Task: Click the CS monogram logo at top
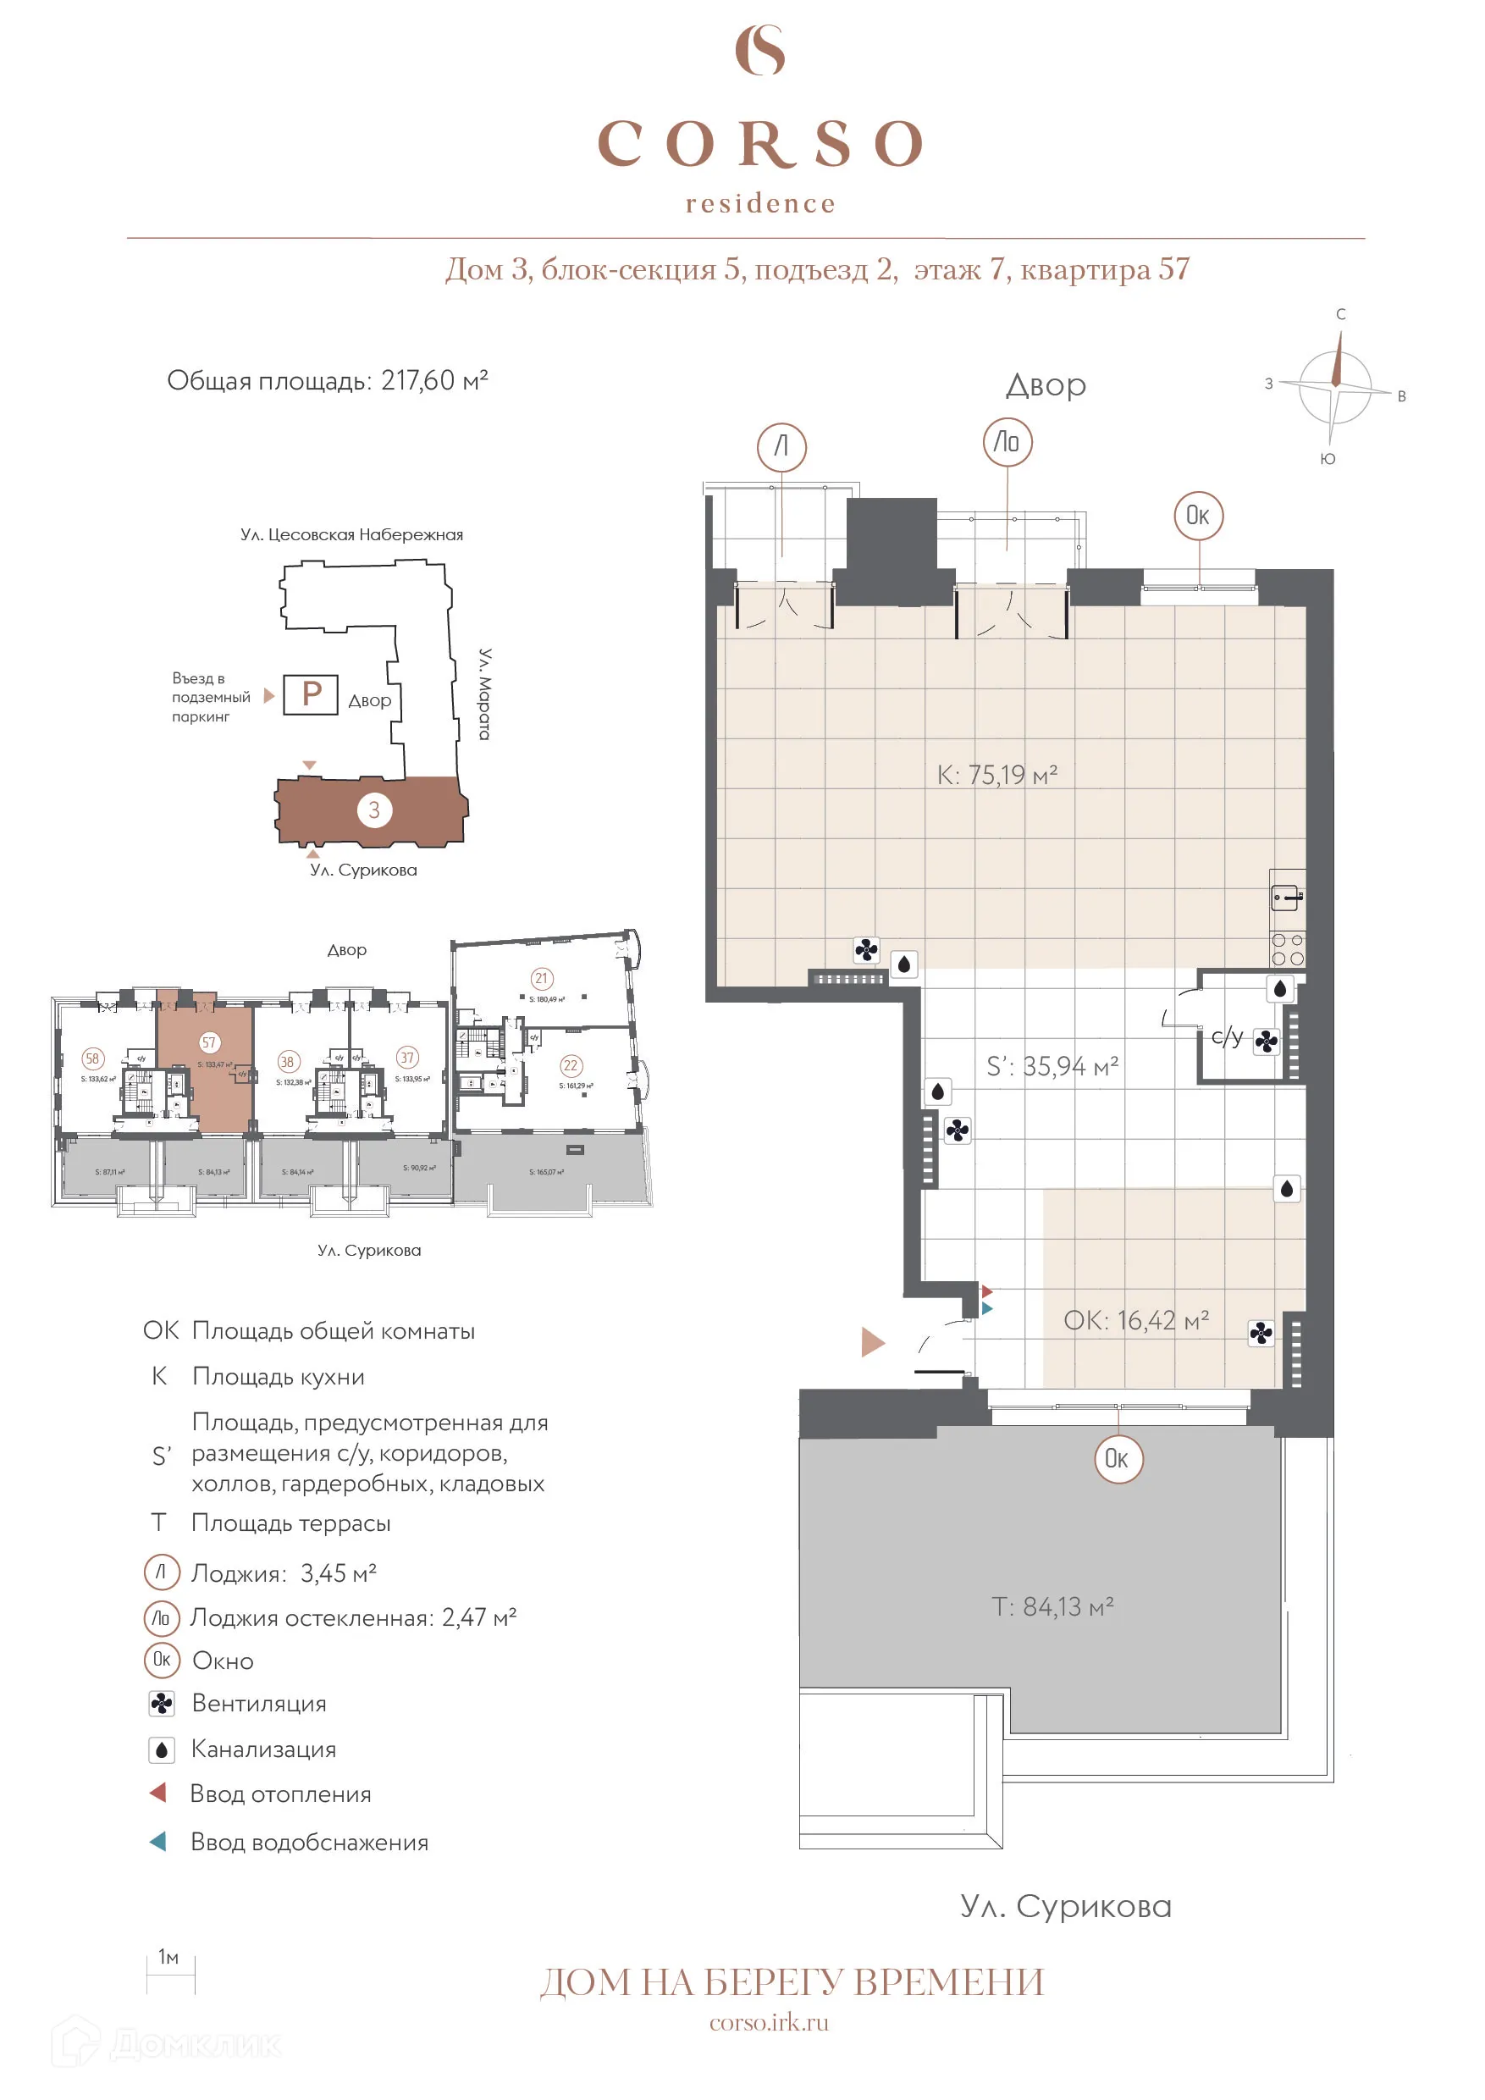coord(760,50)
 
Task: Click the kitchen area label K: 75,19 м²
coord(996,776)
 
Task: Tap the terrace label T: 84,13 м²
coord(1052,1607)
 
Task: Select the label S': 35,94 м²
coord(1052,1066)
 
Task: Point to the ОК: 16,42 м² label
coord(1135,1321)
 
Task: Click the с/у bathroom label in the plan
coord(1226,1036)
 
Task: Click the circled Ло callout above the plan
coord(1007,443)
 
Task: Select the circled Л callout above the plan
coord(781,447)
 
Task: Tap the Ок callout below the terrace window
coord(1118,1459)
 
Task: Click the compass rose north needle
coord(1338,358)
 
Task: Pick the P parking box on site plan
coord(311,694)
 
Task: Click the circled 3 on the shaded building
coord(374,810)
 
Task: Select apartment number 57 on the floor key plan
coord(209,1042)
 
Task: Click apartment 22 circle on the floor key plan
coord(571,1065)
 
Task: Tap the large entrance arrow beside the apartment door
coord(872,1343)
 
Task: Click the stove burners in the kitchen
coord(1288,949)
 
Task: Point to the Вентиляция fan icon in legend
coord(162,1704)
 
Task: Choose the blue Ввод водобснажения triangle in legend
coord(158,1841)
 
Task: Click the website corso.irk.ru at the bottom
coord(769,2023)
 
